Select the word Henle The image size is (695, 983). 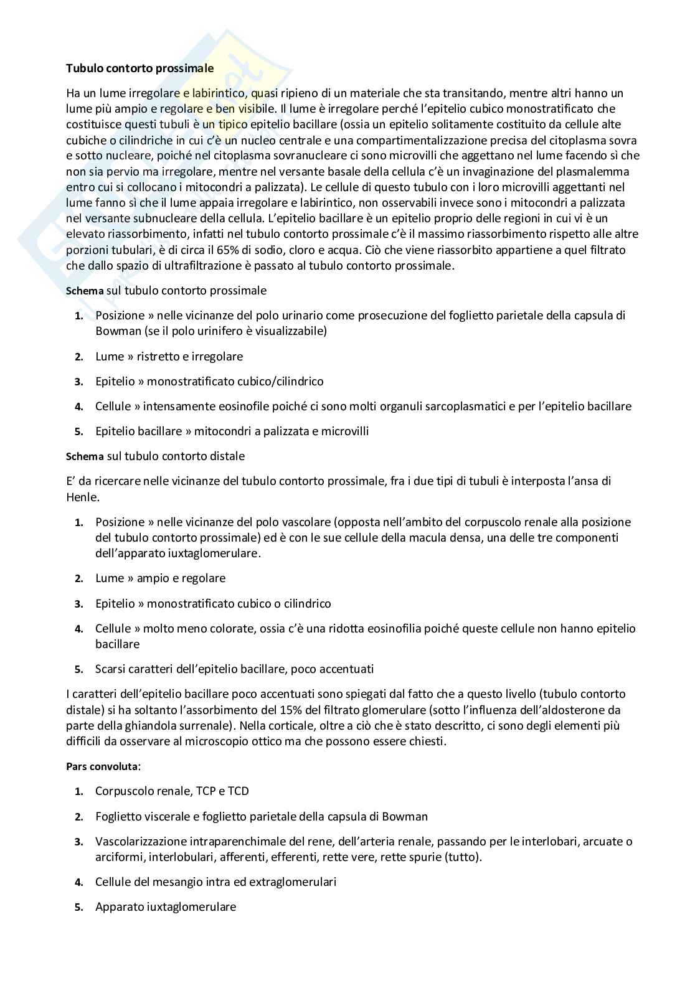point(82,497)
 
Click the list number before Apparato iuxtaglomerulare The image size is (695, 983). point(78,907)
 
